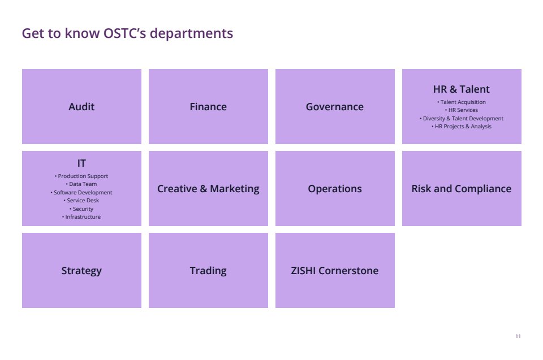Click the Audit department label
point(81,107)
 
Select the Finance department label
point(208,107)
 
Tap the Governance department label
point(334,107)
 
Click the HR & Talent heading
point(462,89)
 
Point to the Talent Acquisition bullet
point(462,102)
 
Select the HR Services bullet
point(462,110)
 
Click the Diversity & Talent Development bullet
point(462,118)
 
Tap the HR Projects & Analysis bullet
point(462,127)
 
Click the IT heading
point(81,163)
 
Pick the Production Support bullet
point(81,176)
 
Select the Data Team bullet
point(81,184)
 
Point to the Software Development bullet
point(81,193)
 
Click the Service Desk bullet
point(81,201)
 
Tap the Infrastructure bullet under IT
point(81,216)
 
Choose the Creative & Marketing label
point(208,189)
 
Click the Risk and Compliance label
point(462,189)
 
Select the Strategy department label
point(81,271)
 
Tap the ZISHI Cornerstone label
point(334,270)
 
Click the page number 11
point(518,336)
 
